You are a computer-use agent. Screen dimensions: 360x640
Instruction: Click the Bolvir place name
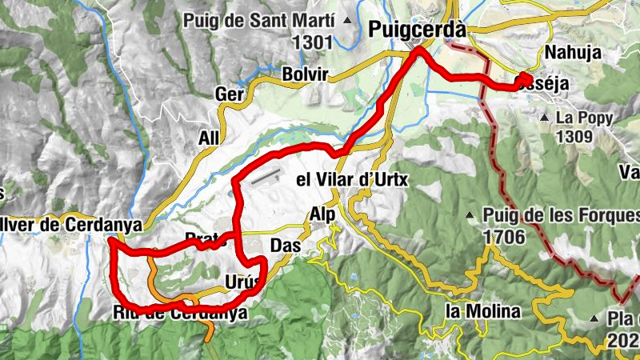pos(306,74)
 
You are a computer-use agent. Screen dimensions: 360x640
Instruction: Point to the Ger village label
pos(230,94)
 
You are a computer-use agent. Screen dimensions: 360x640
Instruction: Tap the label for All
pos(208,138)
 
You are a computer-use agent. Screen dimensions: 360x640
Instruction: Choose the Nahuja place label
pos(571,53)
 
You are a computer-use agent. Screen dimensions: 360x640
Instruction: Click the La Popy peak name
pos(585,118)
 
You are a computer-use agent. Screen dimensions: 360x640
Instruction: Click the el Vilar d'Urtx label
pos(352,180)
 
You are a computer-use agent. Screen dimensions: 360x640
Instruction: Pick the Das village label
pos(286,246)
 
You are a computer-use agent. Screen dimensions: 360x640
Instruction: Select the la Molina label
pos(483,310)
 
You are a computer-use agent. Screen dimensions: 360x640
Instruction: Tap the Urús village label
pos(242,282)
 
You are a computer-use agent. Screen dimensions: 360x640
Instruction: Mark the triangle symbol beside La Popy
pos(544,118)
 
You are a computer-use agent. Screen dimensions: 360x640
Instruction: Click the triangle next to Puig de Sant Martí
pos(346,20)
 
